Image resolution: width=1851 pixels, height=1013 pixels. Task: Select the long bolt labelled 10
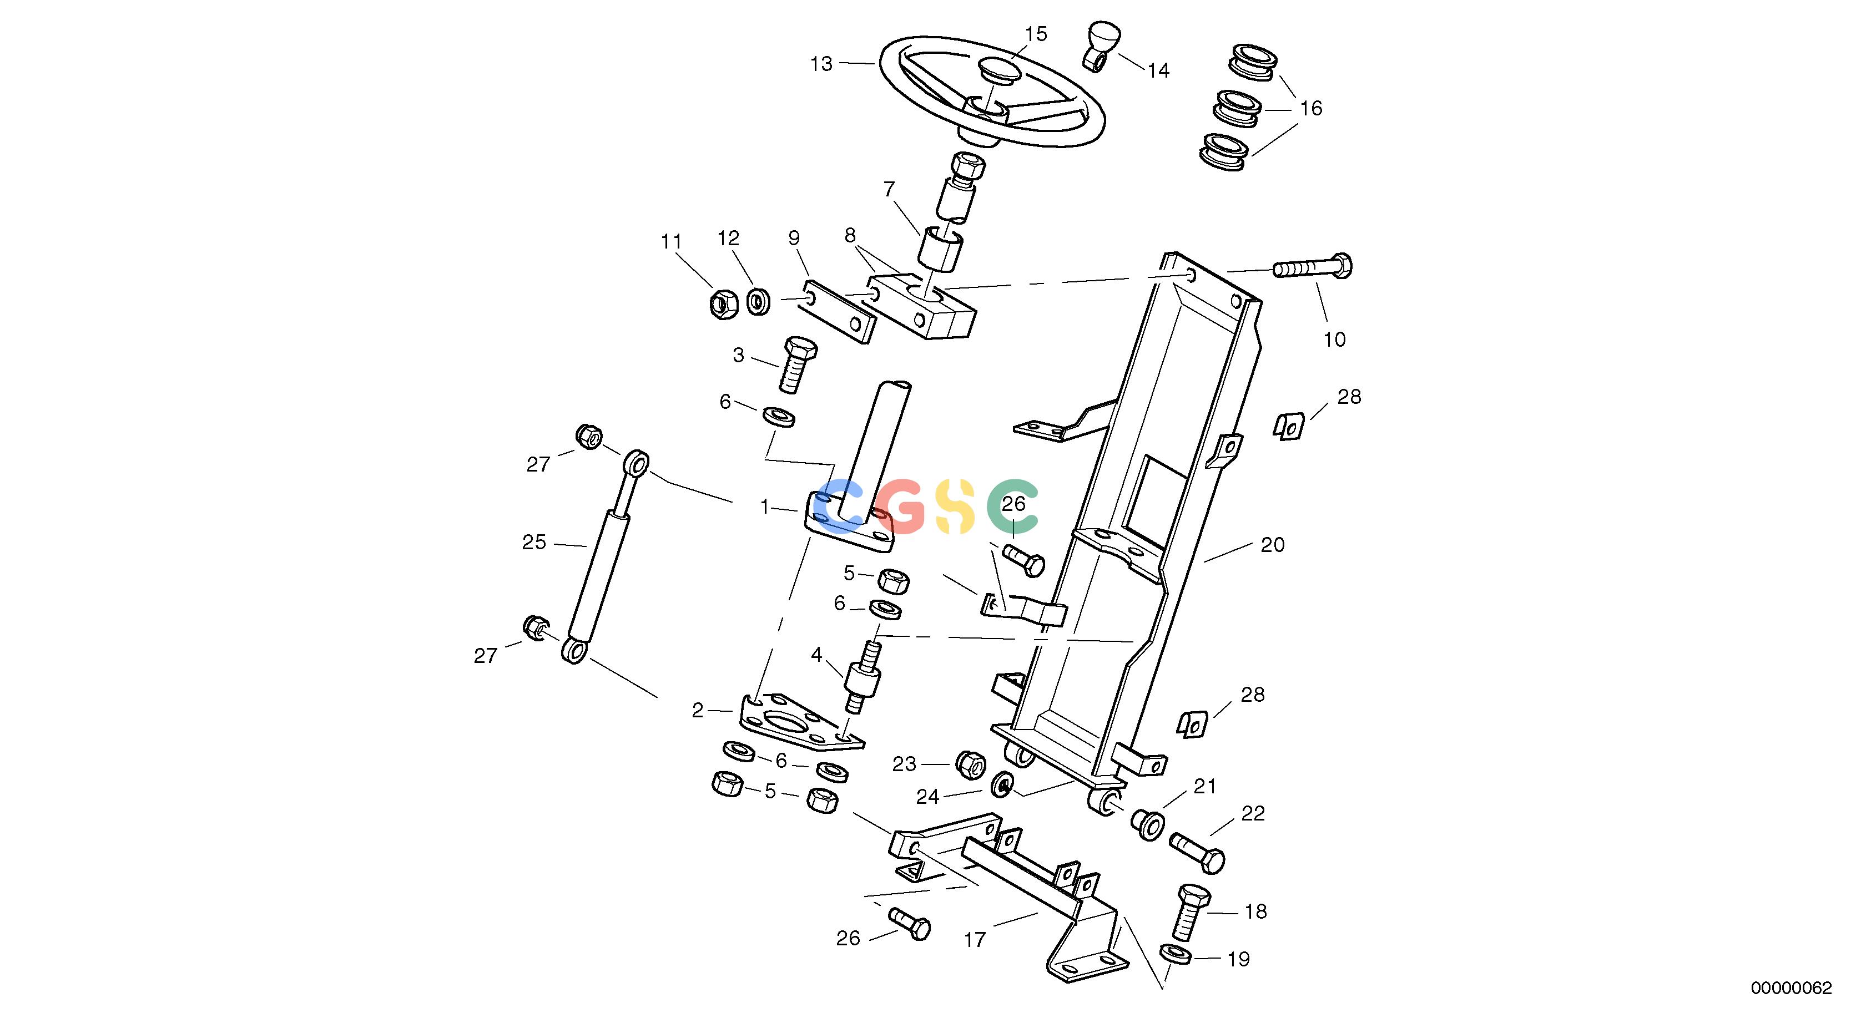tap(1312, 268)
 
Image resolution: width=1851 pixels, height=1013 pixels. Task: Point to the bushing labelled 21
tap(1147, 823)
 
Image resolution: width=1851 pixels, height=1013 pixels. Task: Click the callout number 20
tap(1273, 545)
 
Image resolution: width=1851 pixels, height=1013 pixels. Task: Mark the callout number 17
tap(975, 940)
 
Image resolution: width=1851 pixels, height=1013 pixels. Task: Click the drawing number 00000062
tap(1792, 988)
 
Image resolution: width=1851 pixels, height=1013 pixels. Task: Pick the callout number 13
tap(821, 64)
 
